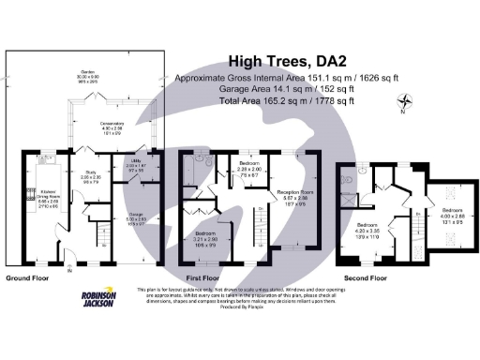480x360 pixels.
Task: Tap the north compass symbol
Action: (x=405, y=102)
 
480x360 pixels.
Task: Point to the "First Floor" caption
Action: (x=203, y=278)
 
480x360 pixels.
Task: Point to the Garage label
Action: (x=136, y=218)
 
